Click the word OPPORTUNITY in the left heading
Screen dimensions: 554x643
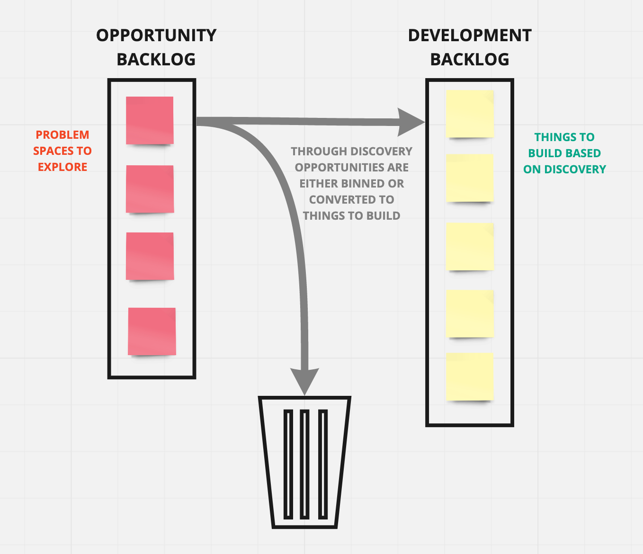tap(156, 36)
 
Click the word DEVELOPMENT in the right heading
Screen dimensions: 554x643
tap(470, 36)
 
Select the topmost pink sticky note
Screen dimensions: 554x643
tap(150, 120)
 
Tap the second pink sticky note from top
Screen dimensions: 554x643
tap(150, 189)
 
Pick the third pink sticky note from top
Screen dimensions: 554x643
tap(150, 256)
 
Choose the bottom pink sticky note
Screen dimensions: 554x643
tap(152, 331)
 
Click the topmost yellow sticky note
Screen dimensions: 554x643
tap(470, 114)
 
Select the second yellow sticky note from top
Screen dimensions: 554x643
tap(470, 178)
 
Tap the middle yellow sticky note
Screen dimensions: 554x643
tap(470, 247)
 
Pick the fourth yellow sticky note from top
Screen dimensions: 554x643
tap(470, 313)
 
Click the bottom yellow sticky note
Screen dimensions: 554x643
tap(470, 376)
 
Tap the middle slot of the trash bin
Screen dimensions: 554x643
tap(304, 464)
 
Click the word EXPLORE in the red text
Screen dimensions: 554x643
tap(63, 167)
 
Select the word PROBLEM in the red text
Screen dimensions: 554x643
tap(63, 135)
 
